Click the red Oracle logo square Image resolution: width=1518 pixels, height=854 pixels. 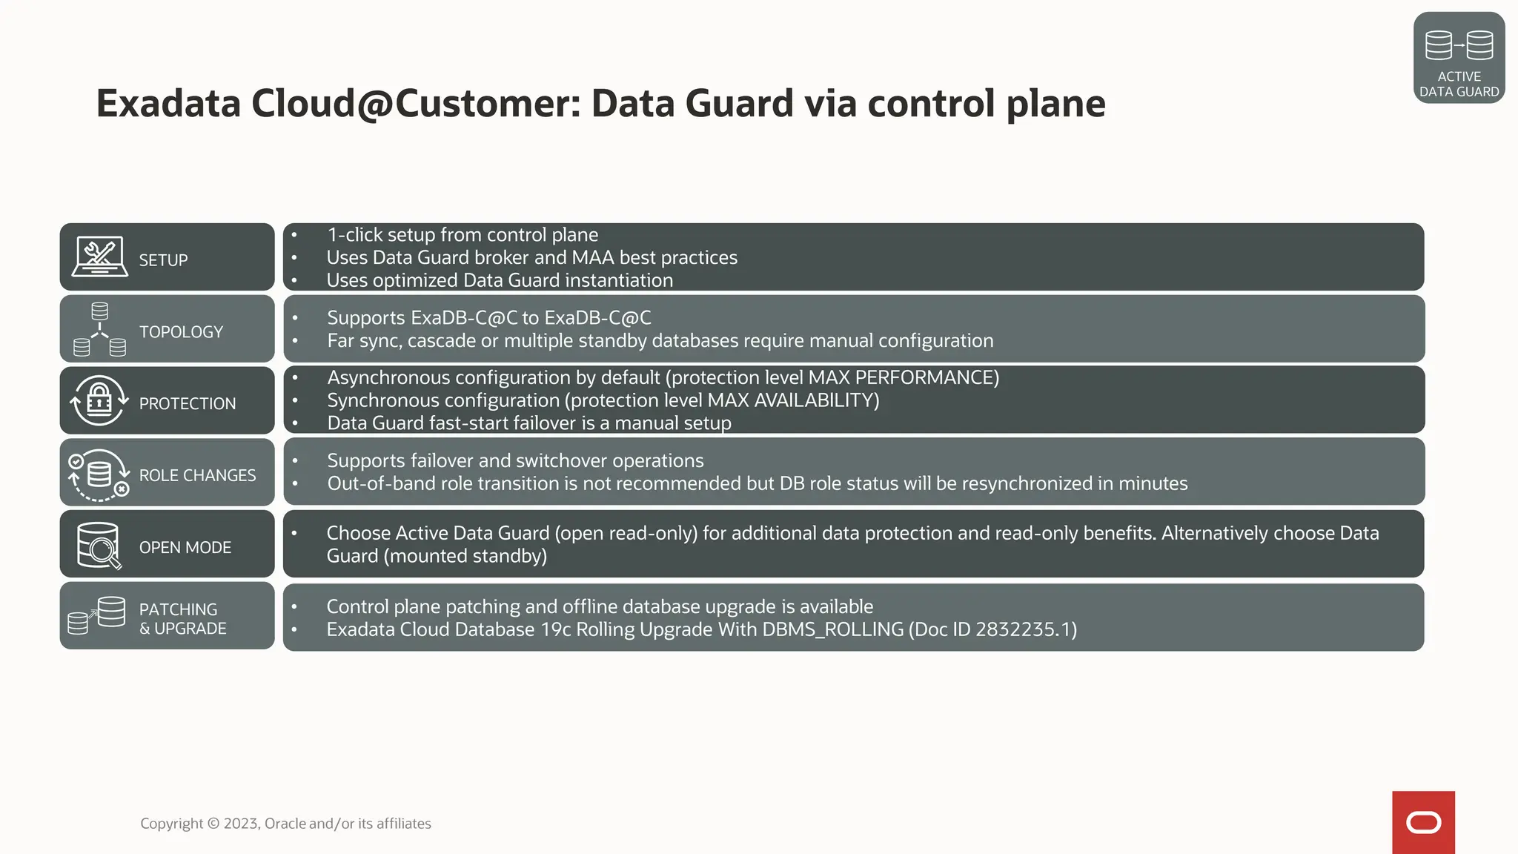coord(1423,822)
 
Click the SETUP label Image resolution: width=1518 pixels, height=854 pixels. coord(163,260)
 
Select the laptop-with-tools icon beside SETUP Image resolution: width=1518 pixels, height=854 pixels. coord(99,257)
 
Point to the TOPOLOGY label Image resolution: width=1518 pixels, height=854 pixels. coord(181,332)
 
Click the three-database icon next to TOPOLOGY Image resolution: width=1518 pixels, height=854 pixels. coord(99,329)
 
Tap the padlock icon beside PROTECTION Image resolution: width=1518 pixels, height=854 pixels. coord(99,401)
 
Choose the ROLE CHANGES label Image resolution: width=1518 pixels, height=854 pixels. coord(197,475)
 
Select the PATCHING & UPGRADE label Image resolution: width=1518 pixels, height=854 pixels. coord(182,619)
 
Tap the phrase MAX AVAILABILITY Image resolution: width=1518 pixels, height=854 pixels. coord(791,400)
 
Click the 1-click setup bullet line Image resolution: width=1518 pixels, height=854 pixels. coord(463,235)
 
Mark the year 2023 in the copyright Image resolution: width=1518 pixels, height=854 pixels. coord(241,824)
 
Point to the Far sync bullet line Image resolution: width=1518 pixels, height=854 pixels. coord(660,341)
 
